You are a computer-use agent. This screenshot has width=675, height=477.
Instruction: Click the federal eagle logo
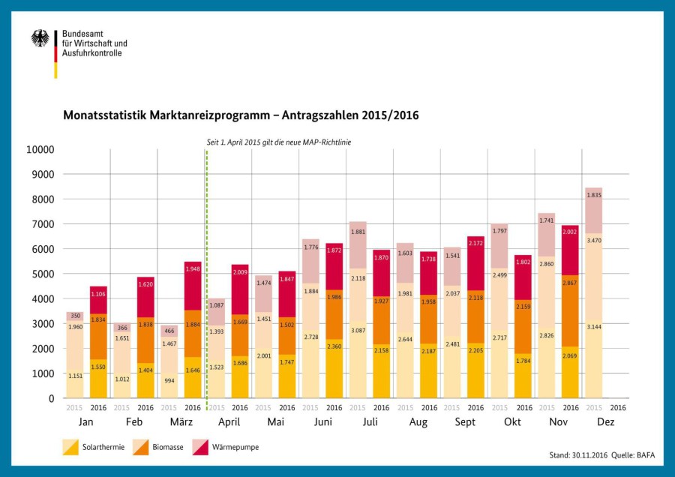coord(40,38)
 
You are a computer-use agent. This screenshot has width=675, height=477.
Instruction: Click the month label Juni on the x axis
coord(322,422)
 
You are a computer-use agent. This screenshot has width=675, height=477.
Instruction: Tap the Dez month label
coord(605,422)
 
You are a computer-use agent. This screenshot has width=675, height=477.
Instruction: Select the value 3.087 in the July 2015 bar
coord(357,331)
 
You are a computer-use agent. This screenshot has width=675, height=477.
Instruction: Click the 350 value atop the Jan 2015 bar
coord(75,316)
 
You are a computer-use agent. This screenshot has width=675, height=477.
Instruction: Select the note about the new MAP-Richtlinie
coord(278,142)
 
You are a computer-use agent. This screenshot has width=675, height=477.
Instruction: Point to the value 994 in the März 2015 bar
coord(169,381)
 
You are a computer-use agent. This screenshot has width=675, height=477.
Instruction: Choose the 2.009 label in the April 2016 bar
coord(240,273)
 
